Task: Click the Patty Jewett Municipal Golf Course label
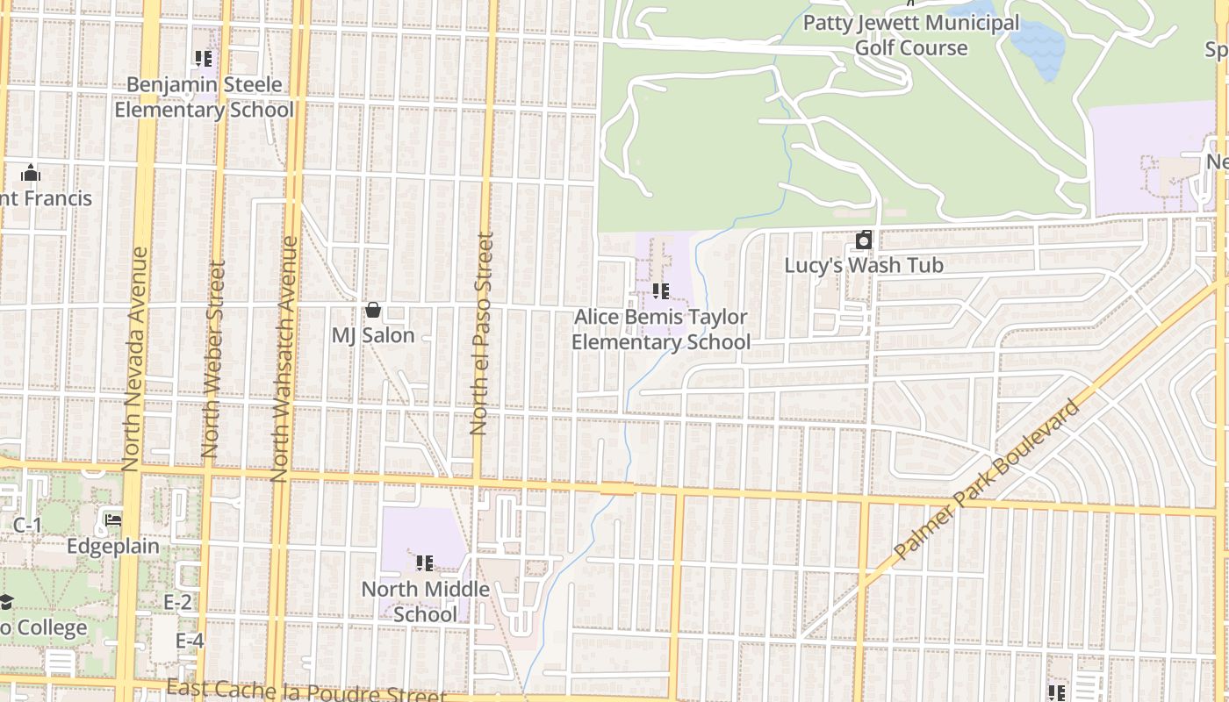pos(911,35)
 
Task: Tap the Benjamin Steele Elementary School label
pos(204,97)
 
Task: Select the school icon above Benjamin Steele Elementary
pos(204,60)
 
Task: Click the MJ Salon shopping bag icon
pos(372,310)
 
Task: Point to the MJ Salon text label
pos(372,335)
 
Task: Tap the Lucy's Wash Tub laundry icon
pos(864,240)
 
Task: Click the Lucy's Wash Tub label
pos(864,265)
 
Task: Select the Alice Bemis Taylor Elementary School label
pos(661,329)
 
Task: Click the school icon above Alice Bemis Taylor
pos(660,291)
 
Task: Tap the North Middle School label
pos(425,601)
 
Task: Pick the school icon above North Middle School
pos(425,563)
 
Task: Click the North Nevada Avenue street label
pos(134,358)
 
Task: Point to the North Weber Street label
pos(212,358)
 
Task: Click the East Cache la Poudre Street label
pos(305,691)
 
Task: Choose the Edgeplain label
pos(113,546)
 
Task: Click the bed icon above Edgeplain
pos(113,519)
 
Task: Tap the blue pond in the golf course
pos(1040,44)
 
